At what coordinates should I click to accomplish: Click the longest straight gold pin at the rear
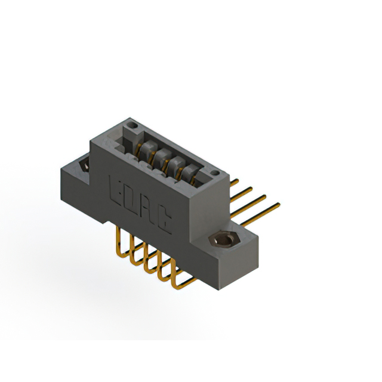click(260, 214)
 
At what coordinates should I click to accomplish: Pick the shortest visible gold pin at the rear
click(235, 183)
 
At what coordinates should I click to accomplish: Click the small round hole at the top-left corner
click(133, 126)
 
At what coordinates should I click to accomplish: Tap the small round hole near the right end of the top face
click(215, 173)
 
